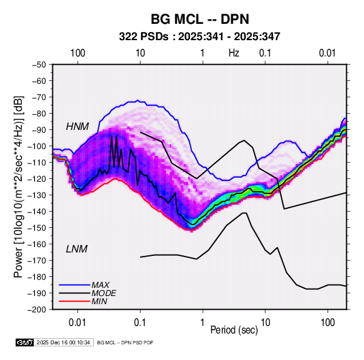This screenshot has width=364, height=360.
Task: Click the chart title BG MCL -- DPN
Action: (200, 19)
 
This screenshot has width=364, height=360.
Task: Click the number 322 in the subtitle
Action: (128, 37)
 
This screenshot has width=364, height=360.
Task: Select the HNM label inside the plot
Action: (78, 127)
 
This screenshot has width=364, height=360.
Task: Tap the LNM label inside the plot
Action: (77, 249)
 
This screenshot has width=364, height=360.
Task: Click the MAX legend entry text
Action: (100, 284)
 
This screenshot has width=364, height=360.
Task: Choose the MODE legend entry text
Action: (104, 293)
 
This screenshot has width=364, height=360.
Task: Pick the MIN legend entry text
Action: (99, 301)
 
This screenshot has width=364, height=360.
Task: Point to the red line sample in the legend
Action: (74, 301)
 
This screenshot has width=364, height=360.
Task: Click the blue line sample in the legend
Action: (74, 284)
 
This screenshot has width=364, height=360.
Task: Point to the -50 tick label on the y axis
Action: (39, 65)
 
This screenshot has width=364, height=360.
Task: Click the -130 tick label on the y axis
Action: (37, 195)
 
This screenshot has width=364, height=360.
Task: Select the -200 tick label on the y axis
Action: (37, 310)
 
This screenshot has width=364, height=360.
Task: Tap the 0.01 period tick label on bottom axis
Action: (78, 323)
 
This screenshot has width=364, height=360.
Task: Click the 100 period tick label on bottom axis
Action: (327, 323)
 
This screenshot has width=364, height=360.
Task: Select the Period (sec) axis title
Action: (234, 330)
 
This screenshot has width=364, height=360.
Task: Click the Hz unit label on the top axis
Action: (234, 53)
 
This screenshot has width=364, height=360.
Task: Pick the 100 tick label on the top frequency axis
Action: (78, 53)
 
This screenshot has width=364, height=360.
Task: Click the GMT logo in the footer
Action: (25, 342)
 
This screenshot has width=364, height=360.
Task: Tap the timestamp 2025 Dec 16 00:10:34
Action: (63, 342)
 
